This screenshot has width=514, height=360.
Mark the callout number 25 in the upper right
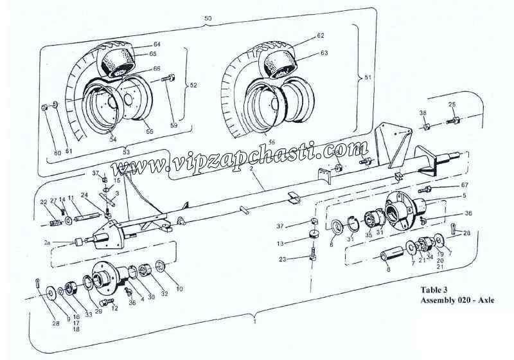[452, 104]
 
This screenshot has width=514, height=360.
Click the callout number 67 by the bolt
[465, 186]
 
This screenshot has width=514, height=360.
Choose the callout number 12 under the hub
[115, 309]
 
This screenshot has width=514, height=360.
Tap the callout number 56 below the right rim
[271, 141]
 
